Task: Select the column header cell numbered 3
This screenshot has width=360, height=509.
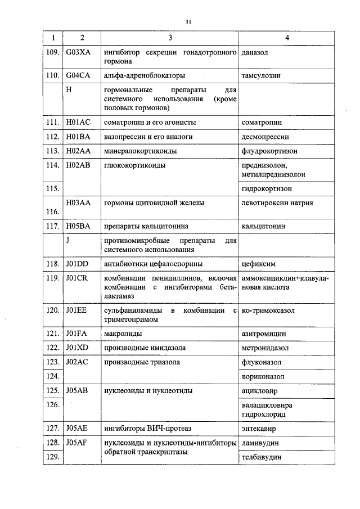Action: tap(170, 38)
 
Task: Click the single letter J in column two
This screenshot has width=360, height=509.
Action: tap(67, 240)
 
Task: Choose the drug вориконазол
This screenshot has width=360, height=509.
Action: tap(262, 376)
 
